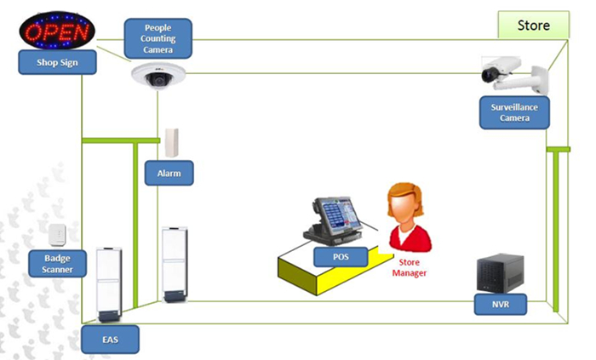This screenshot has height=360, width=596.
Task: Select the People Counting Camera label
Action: click(158, 38)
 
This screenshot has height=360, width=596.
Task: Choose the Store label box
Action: click(534, 26)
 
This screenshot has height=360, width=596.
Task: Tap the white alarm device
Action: click(173, 143)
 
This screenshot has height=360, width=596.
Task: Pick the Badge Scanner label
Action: click(58, 263)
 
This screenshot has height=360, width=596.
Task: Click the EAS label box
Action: click(110, 339)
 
